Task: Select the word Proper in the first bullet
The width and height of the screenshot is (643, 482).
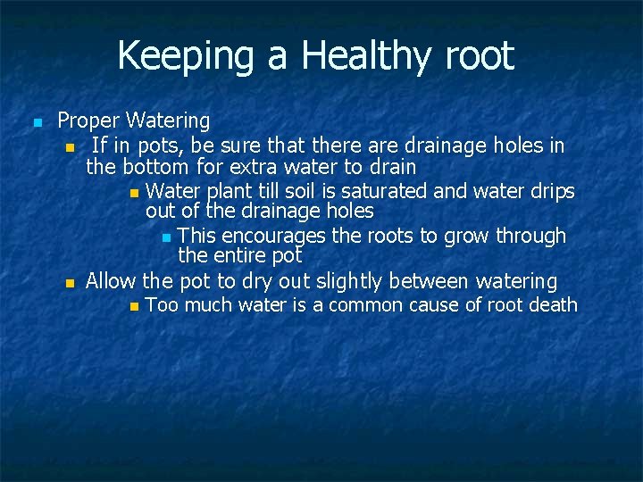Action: coord(88,120)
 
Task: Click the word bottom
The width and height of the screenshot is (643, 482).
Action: coord(155,167)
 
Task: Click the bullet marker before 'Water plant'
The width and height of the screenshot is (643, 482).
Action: coord(134,192)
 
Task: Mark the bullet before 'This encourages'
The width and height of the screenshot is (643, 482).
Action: coord(166,237)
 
